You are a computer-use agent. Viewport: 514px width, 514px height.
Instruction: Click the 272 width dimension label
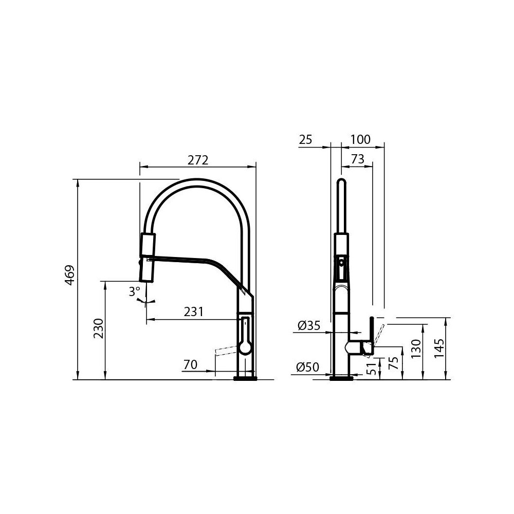pyautogui.click(x=197, y=160)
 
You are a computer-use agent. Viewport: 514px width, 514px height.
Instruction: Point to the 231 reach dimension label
pyautogui.click(x=194, y=311)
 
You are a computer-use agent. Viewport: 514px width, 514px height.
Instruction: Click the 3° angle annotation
pyautogui.click(x=134, y=292)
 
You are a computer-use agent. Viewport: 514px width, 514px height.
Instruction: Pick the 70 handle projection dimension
pyautogui.click(x=190, y=365)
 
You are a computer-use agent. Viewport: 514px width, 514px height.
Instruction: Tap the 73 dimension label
pyautogui.click(x=357, y=159)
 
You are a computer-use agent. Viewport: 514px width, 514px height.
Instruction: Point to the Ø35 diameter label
pyautogui.click(x=309, y=325)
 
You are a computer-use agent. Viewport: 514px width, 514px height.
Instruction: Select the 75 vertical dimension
pyautogui.click(x=394, y=364)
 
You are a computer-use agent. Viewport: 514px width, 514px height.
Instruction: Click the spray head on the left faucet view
pyautogui.click(x=147, y=256)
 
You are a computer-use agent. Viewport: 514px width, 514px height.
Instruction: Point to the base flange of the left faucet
pyautogui.click(x=245, y=378)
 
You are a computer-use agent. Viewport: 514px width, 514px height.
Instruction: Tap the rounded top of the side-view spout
pyautogui.click(x=341, y=183)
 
